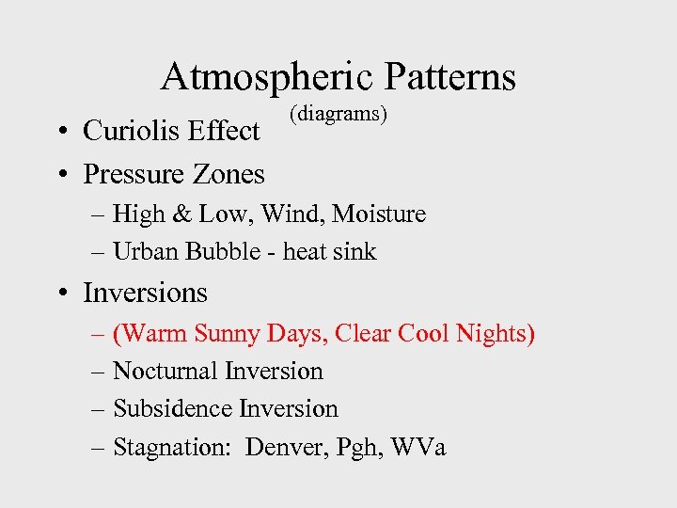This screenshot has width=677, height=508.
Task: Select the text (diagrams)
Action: point(338,114)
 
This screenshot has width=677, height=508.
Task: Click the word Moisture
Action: point(381,214)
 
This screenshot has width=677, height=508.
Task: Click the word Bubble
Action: point(222,252)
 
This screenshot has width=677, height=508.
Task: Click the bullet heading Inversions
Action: point(145,293)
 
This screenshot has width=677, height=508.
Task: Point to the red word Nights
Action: point(496,334)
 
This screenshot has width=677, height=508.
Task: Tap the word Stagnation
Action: point(174,448)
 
